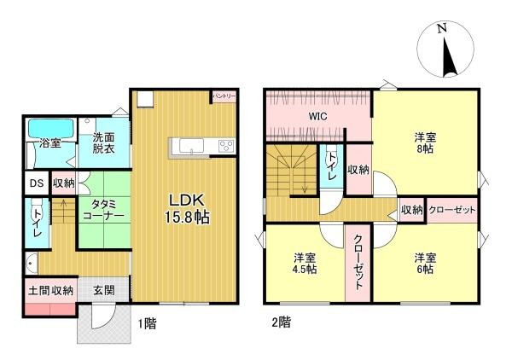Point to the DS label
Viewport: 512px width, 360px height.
36,183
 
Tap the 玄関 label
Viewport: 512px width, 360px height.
104,290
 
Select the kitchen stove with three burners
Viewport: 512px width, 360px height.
225,146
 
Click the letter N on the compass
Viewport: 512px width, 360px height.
442,29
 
